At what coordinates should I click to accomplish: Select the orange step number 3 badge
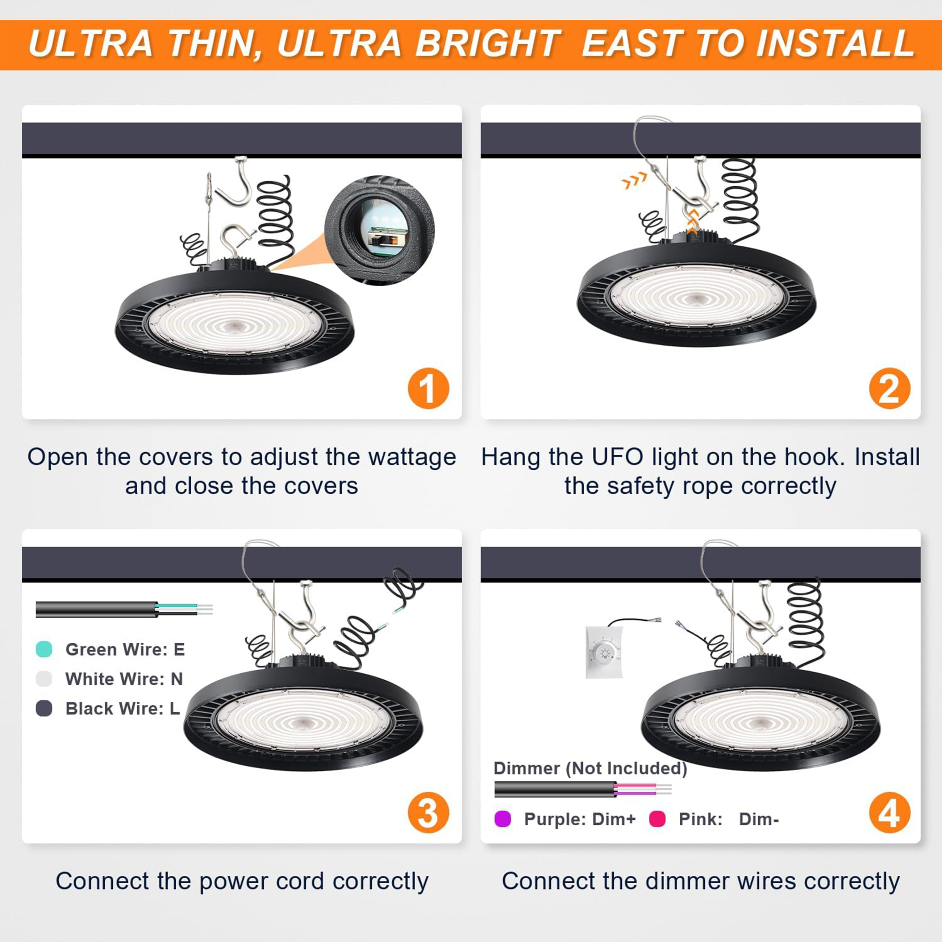coord(429,812)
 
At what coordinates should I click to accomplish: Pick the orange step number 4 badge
coord(889,812)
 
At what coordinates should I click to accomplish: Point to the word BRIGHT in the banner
coord(488,44)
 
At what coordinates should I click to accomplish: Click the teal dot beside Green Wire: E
coord(44,649)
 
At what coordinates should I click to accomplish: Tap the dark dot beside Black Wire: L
coord(44,708)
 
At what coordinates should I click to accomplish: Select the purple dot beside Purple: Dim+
coord(503,819)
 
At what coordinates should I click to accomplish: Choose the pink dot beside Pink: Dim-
coord(657,819)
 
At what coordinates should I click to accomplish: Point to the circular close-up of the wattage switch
coord(379,230)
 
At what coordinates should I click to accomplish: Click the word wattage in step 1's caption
coord(412,457)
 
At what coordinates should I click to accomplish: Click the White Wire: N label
coord(124,679)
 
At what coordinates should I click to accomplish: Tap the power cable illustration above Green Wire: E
coord(124,609)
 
